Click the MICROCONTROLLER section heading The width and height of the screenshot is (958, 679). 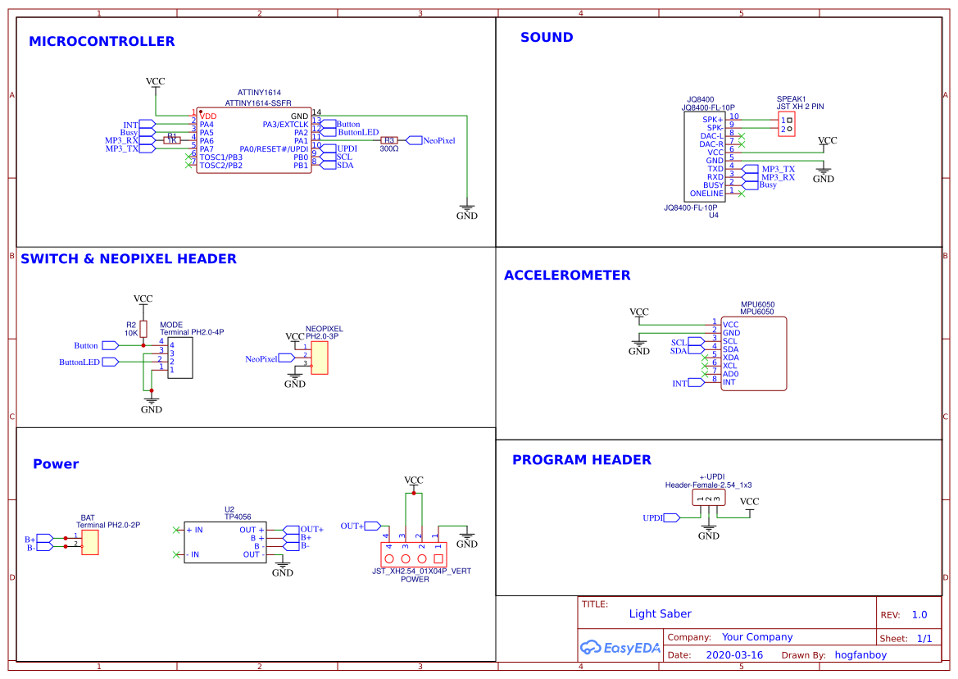pyautogui.click(x=102, y=42)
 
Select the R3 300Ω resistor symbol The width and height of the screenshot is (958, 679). pyautogui.click(x=389, y=140)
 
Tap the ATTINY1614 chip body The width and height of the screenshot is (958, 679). pyautogui.click(x=253, y=140)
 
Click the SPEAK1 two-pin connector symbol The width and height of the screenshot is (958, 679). pyautogui.click(x=787, y=125)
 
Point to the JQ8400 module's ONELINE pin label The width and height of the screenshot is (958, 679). pyautogui.click(x=706, y=194)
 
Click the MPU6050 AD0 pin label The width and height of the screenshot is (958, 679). pyautogui.click(x=730, y=374)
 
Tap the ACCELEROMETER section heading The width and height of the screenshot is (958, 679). pyautogui.click(x=567, y=276)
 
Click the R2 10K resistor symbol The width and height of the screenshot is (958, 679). pyautogui.click(x=143, y=329)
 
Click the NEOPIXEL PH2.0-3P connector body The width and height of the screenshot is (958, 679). pyautogui.click(x=319, y=358)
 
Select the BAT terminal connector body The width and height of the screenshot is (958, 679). pyautogui.click(x=89, y=542)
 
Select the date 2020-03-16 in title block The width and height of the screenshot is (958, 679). pyautogui.click(x=733, y=655)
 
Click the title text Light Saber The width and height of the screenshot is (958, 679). pyautogui.click(x=660, y=613)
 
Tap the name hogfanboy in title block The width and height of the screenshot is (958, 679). pyautogui.click(x=860, y=655)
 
